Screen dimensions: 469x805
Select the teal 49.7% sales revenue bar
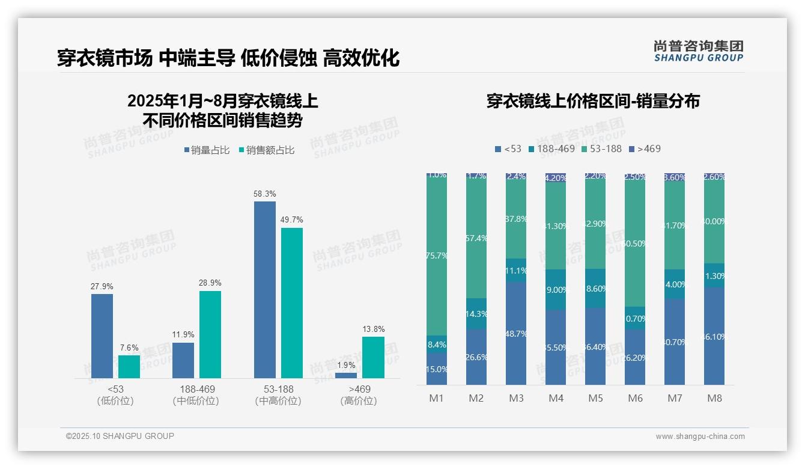click(292, 303)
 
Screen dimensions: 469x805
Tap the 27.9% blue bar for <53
click(102, 336)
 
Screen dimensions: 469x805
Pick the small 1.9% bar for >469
click(346, 375)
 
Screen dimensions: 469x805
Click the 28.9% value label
click(210, 283)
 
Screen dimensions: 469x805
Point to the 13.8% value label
click(373, 329)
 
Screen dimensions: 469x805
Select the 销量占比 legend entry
click(207, 150)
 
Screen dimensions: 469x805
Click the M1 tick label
click(437, 398)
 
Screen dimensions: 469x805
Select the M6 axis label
click(635, 398)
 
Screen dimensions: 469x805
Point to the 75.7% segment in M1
click(437, 256)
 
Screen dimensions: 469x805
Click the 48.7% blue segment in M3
click(516, 334)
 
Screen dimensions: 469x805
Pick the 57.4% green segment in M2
click(476, 239)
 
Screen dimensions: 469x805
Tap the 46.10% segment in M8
click(714, 337)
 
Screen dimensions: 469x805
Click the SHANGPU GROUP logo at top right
click(698, 51)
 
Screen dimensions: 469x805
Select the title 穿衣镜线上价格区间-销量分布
click(593, 101)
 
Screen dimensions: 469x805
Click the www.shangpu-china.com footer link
click(700, 437)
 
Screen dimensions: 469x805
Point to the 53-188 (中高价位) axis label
click(278, 395)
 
